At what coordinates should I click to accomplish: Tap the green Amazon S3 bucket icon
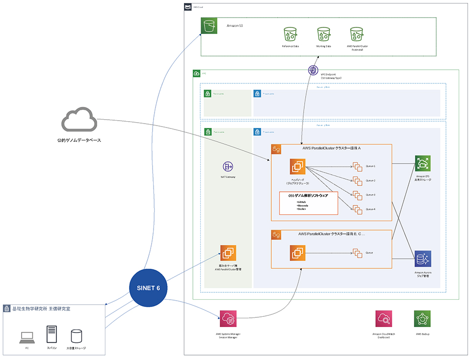click(209, 26)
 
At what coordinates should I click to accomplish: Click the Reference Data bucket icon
click(290, 34)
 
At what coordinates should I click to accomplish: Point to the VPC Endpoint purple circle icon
click(313, 71)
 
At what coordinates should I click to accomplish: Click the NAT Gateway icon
click(228, 166)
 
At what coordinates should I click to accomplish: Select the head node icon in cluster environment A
click(297, 167)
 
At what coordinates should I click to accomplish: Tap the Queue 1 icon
click(357, 166)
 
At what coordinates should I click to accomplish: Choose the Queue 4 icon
click(357, 209)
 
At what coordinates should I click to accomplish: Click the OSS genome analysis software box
click(309, 203)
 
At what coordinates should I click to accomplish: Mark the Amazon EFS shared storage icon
click(422, 164)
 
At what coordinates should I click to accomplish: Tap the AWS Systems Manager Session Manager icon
click(228, 319)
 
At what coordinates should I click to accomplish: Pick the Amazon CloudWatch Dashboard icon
click(384, 319)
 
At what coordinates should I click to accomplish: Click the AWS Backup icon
click(422, 319)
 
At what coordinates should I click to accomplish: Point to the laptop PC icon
click(26, 337)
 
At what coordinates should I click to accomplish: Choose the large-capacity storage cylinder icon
click(77, 336)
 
